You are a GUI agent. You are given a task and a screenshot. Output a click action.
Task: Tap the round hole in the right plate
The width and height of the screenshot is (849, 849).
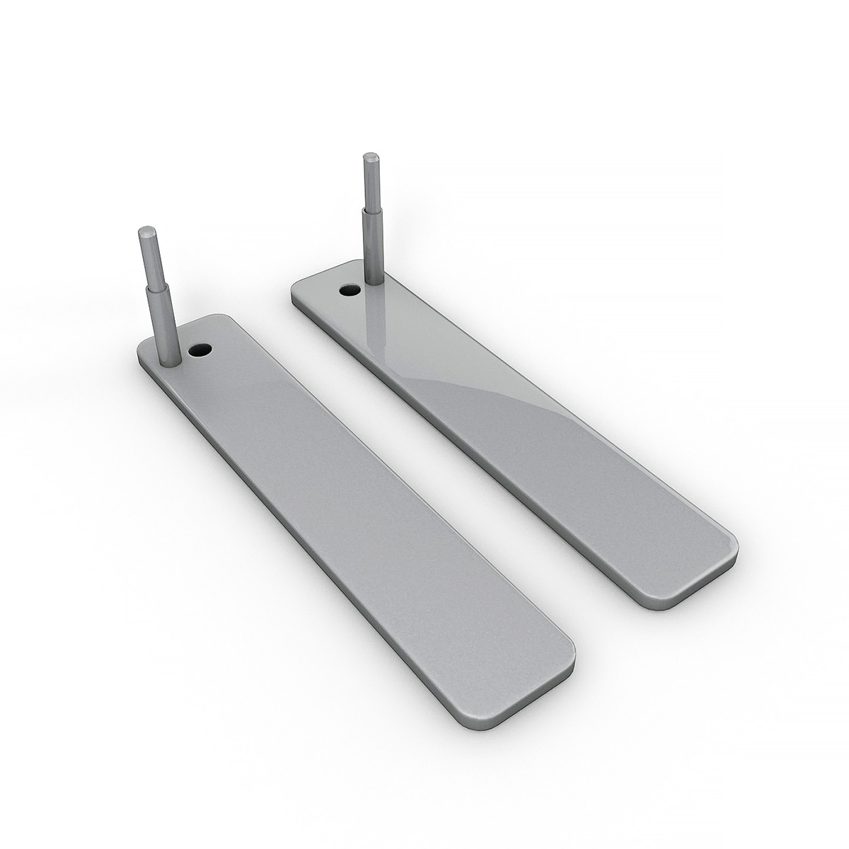point(349,289)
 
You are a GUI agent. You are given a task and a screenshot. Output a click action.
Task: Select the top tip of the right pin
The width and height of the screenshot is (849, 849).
point(369,156)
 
